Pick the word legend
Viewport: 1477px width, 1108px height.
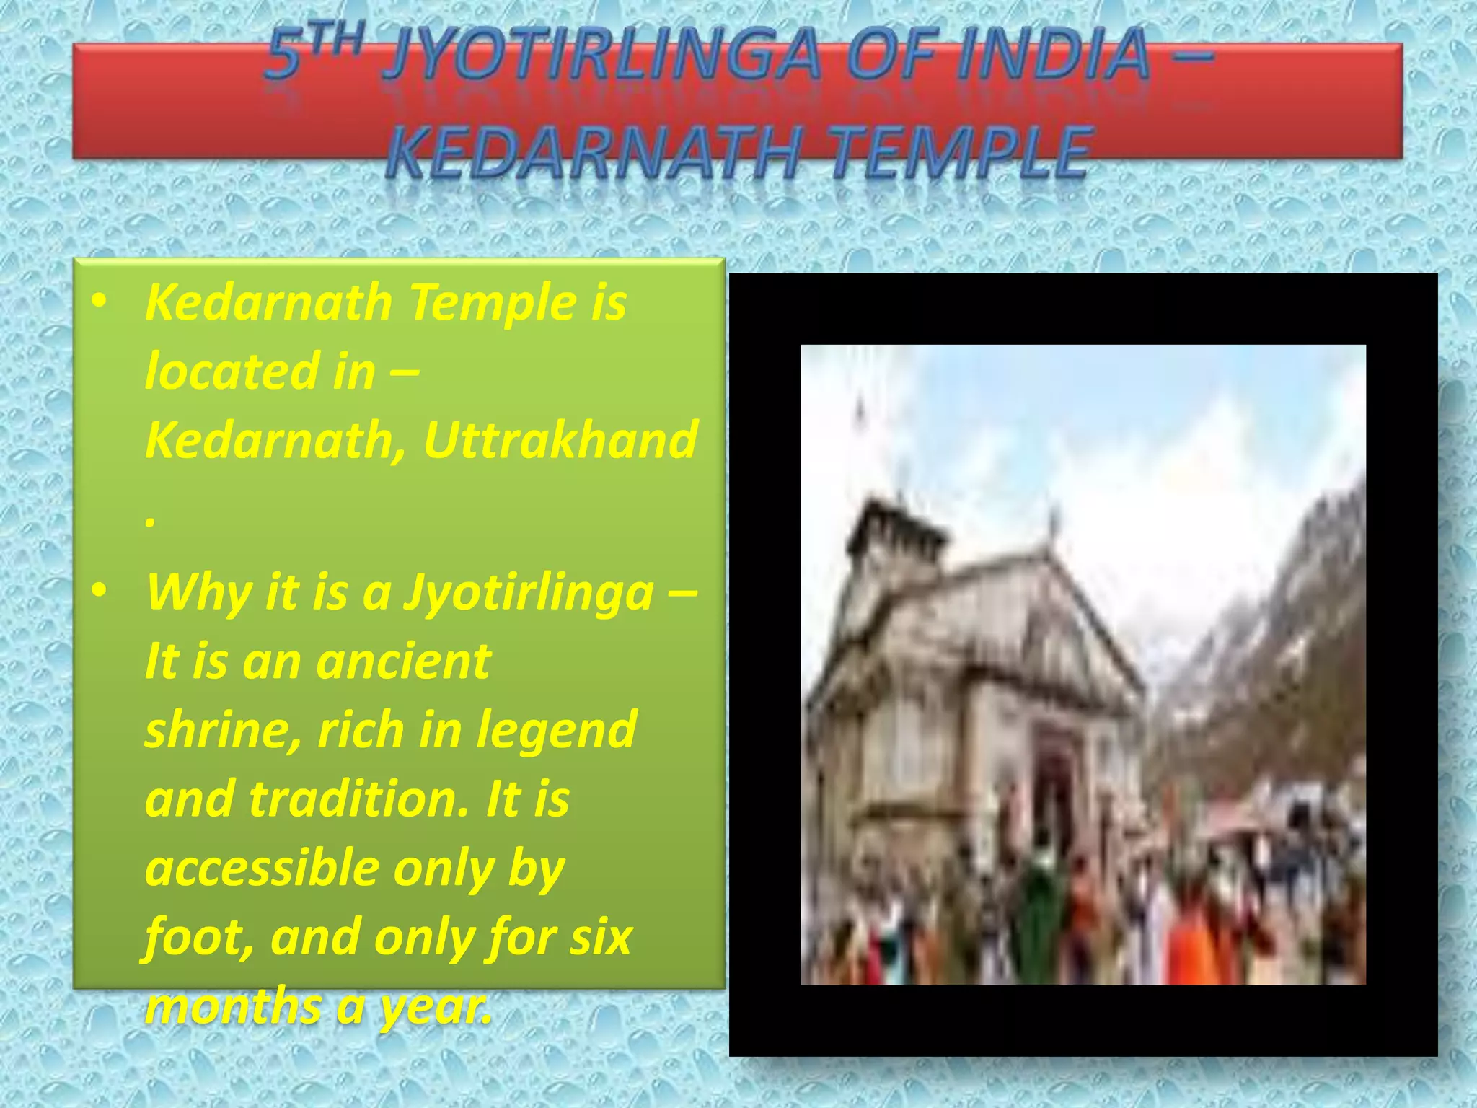point(557,729)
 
